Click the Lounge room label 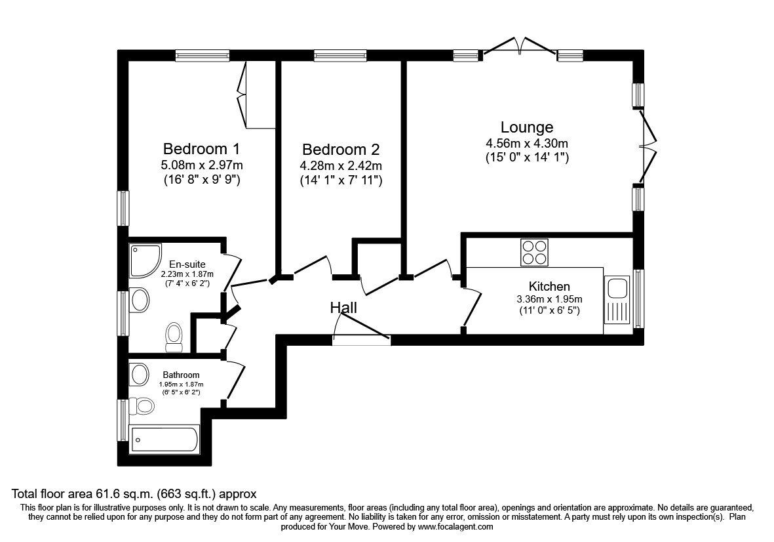point(526,127)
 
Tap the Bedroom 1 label point(201,148)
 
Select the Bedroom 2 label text point(341,150)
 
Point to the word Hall point(343,307)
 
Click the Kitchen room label point(549,287)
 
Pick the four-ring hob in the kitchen point(534,253)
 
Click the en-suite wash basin point(139,301)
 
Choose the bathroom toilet point(141,406)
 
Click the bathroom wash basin point(139,375)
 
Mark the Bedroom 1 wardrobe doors point(243,95)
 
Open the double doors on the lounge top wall point(520,48)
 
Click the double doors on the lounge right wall point(648,146)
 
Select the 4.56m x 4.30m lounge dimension point(526,144)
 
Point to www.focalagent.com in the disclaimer point(455,526)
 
